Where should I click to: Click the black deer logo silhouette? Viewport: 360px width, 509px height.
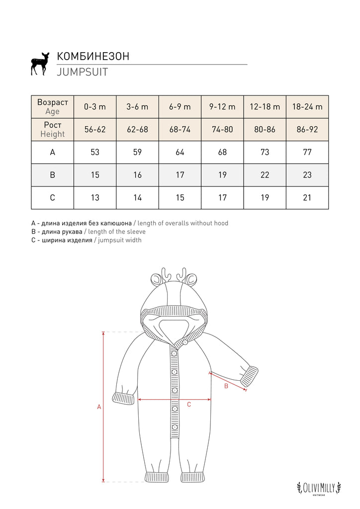coord(40,64)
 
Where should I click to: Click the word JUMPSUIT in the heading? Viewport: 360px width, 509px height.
coord(83,72)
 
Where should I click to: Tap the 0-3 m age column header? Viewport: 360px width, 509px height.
coord(95,106)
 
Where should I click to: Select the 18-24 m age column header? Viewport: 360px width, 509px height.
coord(307,106)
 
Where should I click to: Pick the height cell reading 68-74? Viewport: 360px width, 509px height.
coord(180,129)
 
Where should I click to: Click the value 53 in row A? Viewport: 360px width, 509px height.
coord(95,152)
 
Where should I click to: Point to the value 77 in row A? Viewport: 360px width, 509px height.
coord(307,152)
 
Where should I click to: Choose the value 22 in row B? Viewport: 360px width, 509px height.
coord(265,175)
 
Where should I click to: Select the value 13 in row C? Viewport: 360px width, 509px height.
coord(95,198)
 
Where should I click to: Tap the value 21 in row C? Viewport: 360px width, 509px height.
coord(307,198)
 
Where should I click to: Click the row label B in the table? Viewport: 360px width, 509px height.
coord(53,175)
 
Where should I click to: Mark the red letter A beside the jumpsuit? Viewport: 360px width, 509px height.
coord(99,407)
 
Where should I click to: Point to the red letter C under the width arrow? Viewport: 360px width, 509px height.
coord(189,405)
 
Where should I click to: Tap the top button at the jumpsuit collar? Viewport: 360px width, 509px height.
coord(185,341)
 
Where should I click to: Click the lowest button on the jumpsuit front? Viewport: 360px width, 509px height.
coord(175,427)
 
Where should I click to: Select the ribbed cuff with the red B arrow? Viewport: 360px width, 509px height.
coord(250,376)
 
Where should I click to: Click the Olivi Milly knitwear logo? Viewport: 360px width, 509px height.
coord(319,488)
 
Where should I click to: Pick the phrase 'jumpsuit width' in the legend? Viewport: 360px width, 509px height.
coord(120,240)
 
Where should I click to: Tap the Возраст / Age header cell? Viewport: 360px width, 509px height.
coord(53,106)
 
